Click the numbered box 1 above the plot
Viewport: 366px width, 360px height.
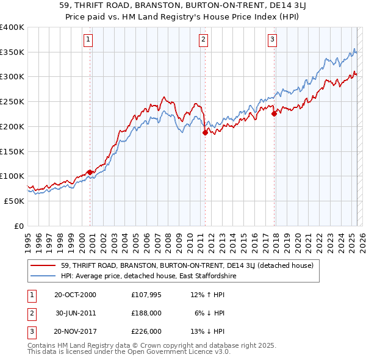(x=88, y=40)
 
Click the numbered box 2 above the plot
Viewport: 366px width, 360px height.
(x=203, y=40)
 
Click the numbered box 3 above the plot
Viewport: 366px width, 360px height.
(x=272, y=40)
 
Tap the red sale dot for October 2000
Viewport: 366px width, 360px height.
(x=90, y=172)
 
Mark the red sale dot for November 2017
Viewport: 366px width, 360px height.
(x=274, y=113)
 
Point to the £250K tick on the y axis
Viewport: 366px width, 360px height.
(x=13, y=101)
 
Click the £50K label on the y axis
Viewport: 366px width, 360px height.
(x=15, y=201)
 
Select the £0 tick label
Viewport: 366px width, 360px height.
(x=20, y=226)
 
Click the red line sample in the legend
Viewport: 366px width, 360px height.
(x=43, y=265)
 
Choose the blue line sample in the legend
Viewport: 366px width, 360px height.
(x=43, y=276)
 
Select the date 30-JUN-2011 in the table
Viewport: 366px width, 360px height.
(x=76, y=313)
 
